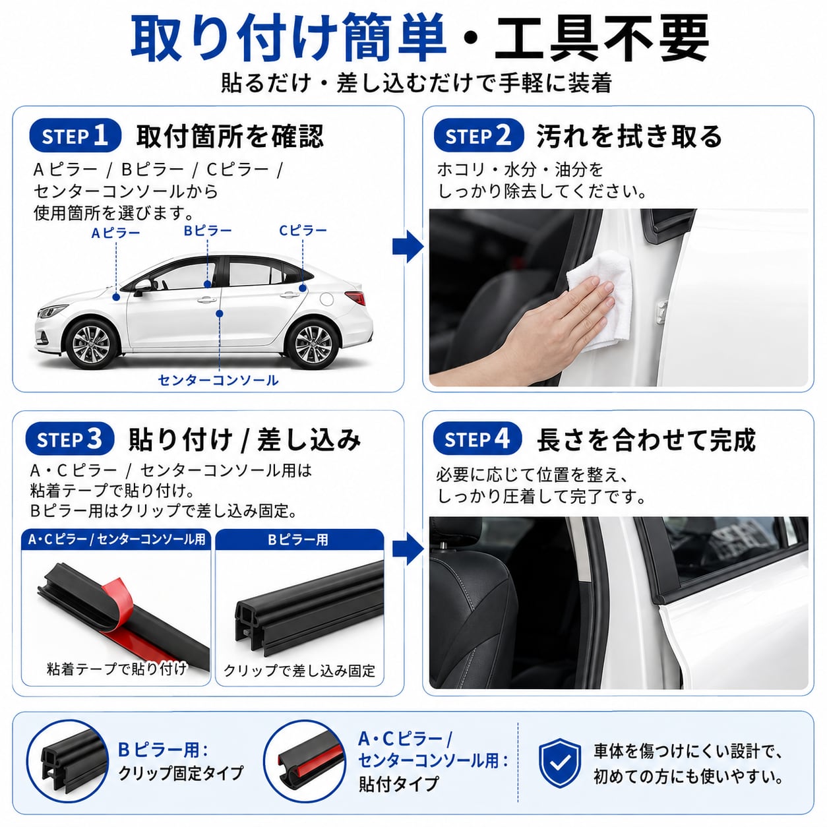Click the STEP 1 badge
(75, 136)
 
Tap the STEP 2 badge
(479, 136)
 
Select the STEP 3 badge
(70, 439)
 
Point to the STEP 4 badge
(477, 439)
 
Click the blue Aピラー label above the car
(115, 233)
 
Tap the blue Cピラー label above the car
(303, 230)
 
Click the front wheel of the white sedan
(91, 344)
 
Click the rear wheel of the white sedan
(313, 344)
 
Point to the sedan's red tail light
(355, 297)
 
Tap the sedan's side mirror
(142, 287)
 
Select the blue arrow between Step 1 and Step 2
(408, 247)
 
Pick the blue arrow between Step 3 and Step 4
(408, 550)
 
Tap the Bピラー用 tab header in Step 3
(299, 539)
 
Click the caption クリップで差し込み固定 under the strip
(299, 670)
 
